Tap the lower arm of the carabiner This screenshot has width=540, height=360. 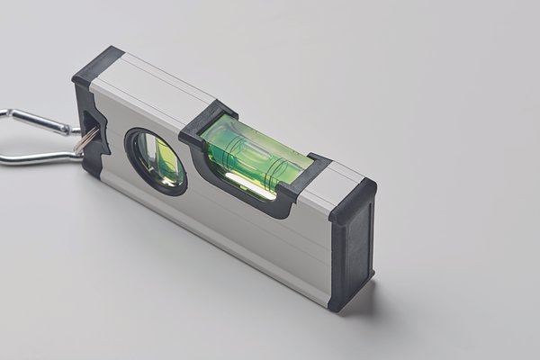36,158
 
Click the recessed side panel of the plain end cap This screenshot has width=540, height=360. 360,247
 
